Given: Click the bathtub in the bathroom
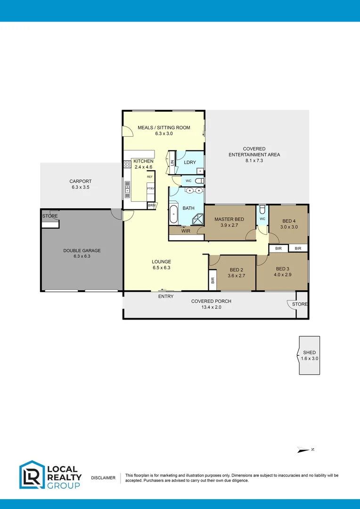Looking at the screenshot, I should coord(174,214).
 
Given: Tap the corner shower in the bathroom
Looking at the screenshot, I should coord(198,218).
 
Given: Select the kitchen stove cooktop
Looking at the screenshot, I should coord(127,164).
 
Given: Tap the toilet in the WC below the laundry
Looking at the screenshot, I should coord(199,181).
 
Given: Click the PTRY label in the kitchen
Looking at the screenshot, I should coord(150,189).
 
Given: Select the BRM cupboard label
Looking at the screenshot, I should coord(151,205).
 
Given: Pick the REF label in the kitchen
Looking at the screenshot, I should coord(150,177).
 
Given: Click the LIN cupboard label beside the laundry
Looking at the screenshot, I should coord(172,163).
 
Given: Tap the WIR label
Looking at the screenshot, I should coord(186,231).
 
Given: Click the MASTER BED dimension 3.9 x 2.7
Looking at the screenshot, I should coord(229,226).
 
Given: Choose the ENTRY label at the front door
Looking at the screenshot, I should coord(166,296).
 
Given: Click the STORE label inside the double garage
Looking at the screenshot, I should coord(50,216).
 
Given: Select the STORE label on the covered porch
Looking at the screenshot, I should coord(300,304).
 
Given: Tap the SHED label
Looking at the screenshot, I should coord(310,353).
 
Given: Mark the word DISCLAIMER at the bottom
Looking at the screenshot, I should coord(103,478).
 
